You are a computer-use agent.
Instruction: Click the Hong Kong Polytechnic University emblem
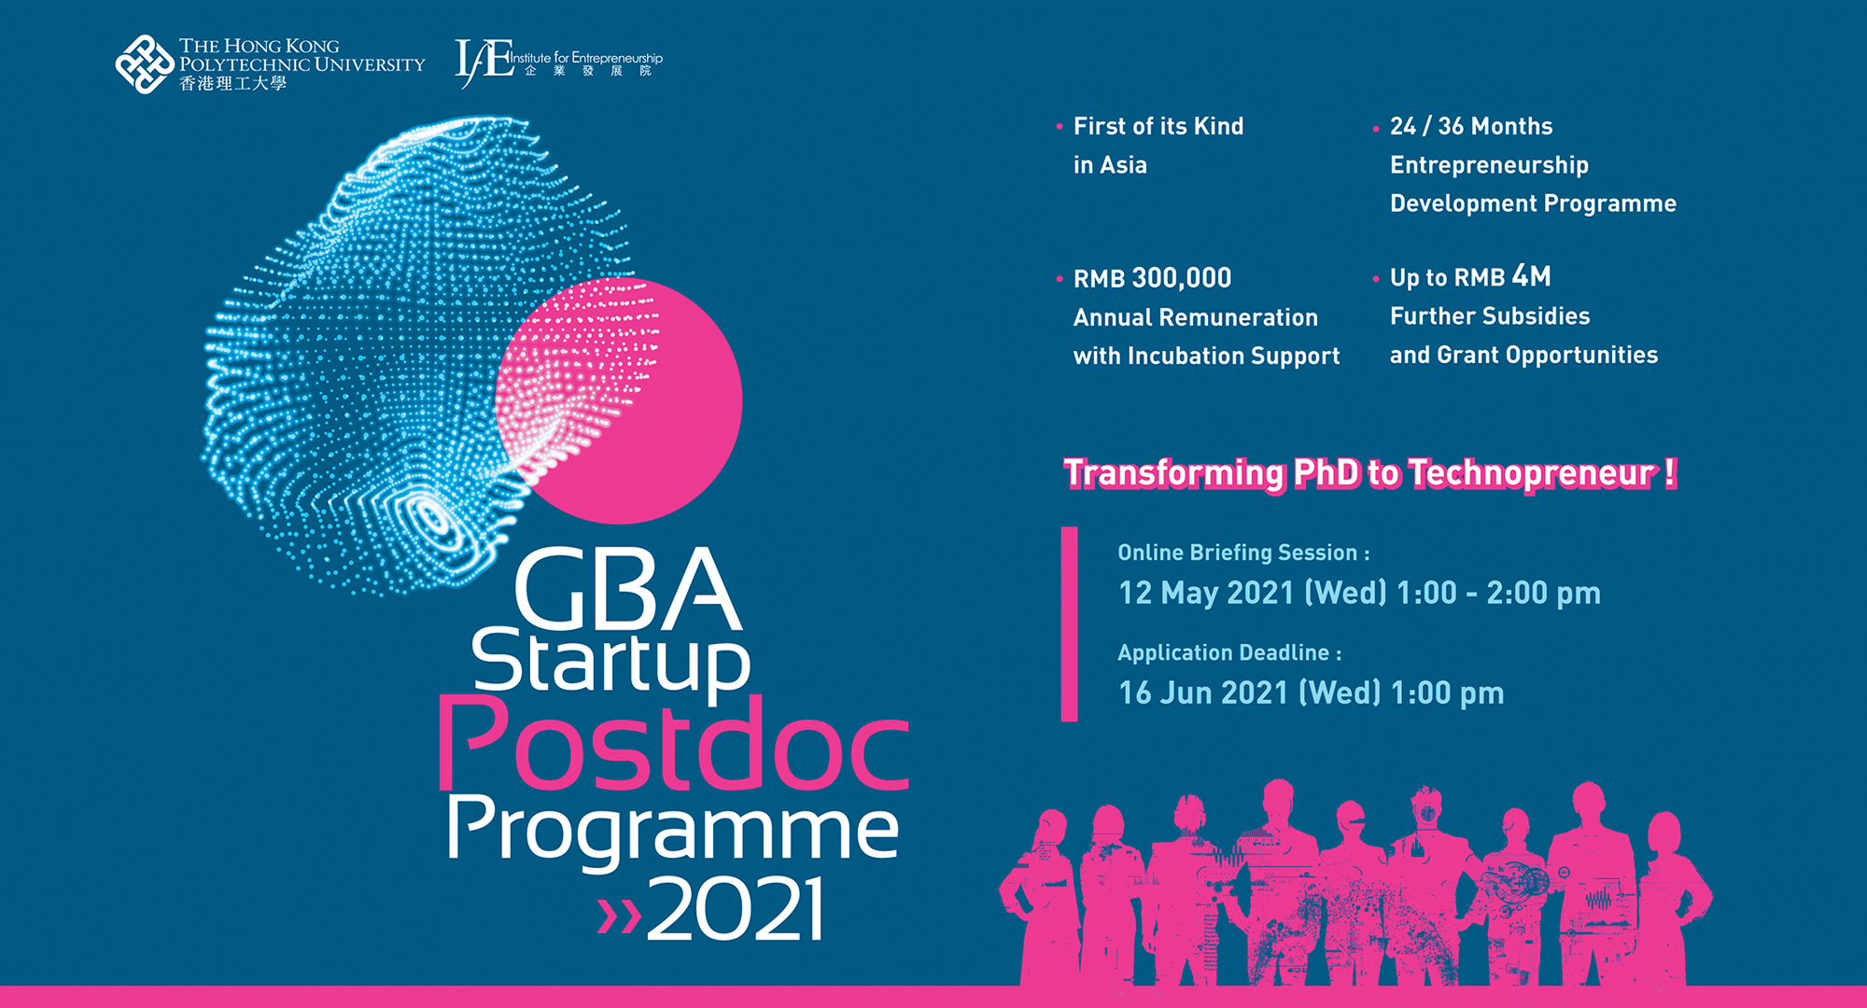coord(144,64)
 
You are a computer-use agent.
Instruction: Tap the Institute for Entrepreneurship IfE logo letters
coord(484,62)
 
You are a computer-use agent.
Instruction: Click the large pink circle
coord(653,439)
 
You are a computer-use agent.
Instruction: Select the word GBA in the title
coord(627,590)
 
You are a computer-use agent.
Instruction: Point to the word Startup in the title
coord(611,663)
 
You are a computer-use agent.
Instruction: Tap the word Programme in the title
coord(672,829)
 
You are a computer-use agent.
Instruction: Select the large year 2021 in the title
coord(736,909)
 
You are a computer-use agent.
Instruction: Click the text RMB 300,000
coord(1152,278)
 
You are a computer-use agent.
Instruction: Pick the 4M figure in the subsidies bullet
coord(1531,276)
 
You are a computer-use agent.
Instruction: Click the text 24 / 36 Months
coord(1471,126)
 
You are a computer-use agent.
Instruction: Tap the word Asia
coord(1123,165)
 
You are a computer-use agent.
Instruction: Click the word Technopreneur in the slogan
coord(1530,473)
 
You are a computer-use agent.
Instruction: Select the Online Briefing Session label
coord(1242,553)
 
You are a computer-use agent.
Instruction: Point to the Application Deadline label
coord(1228,652)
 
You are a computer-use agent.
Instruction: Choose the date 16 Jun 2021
coord(1203,693)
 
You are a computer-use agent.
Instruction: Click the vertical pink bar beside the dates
coord(1070,623)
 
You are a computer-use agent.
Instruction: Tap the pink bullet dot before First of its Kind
coord(1060,126)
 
